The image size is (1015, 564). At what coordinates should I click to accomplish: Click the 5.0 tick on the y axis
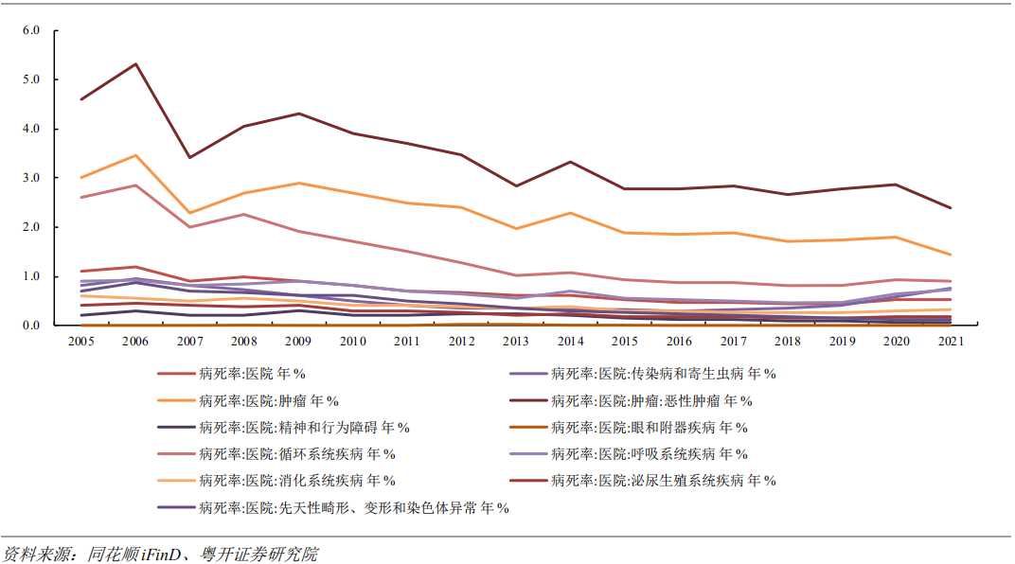click(31, 79)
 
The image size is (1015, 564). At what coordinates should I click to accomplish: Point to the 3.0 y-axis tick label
click(31, 178)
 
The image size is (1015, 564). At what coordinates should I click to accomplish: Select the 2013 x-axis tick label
click(514, 341)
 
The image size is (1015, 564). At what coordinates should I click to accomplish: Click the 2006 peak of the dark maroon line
click(136, 64)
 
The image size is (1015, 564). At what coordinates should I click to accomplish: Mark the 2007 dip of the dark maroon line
click(190, 157)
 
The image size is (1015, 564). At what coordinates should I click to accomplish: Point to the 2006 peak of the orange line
click(136, 155)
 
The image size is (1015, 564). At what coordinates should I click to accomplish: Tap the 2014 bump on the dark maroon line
click(569, 162)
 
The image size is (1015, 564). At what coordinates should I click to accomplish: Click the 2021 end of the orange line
click(950, 255)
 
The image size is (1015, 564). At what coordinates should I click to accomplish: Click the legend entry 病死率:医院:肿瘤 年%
click(269, 400)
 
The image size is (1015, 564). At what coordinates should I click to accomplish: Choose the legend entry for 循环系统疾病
click(297, 454)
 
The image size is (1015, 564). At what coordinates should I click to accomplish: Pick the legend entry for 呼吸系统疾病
click(650, 454)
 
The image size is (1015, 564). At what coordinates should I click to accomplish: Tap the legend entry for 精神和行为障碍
click(304, 428)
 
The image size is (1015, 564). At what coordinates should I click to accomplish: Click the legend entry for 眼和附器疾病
click(650, 428)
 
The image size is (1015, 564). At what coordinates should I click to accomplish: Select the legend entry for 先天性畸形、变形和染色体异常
click(354, 508)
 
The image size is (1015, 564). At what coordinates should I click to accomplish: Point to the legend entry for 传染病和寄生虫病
click(664, 374)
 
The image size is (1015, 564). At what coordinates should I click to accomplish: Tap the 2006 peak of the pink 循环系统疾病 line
click(136, 185)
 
